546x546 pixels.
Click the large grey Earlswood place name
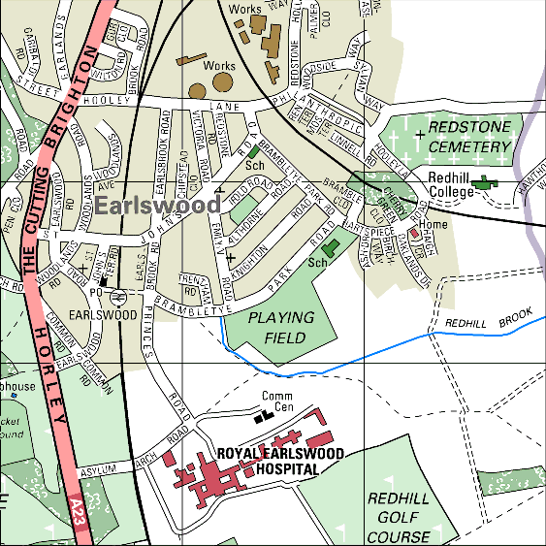tap(157, 206)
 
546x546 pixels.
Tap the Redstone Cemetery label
tap(469, 137)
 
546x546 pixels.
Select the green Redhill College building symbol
tap(478, 182)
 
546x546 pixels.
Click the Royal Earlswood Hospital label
tap(268, 461)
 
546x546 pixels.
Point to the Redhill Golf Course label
tap(399, 518)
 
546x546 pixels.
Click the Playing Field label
tap(281, 328)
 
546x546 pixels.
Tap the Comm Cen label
tap(277, 401)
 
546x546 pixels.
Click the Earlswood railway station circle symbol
tap(115, 297)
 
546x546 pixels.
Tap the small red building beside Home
tap(414, 234)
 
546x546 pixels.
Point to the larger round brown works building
tap(222, 84)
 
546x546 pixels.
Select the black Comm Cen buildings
tap(261, 417)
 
